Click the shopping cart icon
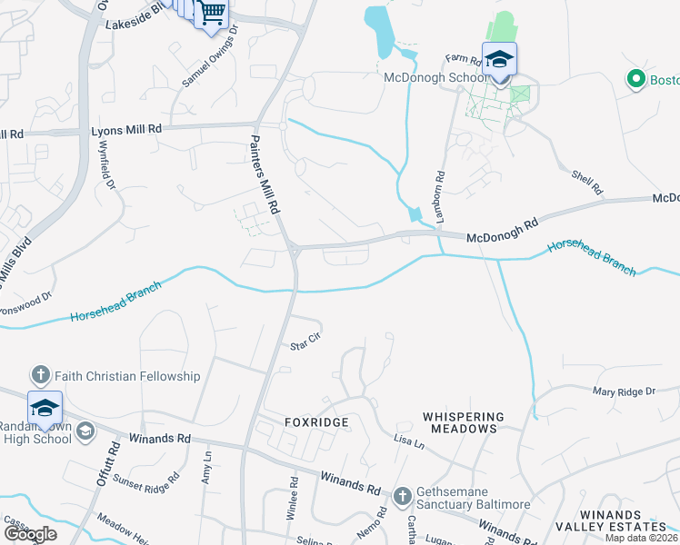click(212, 14)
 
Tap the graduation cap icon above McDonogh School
click(499, 60)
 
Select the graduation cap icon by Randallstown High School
click(45, 409)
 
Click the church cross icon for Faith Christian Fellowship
click(40, 375)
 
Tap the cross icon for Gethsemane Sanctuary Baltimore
click(404, 497)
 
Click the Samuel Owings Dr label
click(210, 56)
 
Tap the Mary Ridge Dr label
click(624, 391)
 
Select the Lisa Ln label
click(409, 442)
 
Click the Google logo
click(30, 534)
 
